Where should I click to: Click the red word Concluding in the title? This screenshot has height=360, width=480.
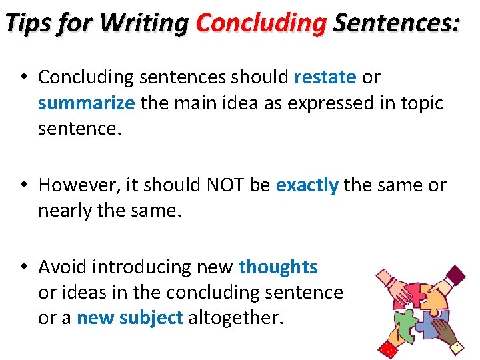(x=261, y=24)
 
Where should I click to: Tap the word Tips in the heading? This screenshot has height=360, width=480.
(x=29, y=24)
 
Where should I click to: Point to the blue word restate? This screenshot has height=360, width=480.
(x=325, y=77)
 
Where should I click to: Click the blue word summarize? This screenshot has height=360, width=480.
(x=87, y=103)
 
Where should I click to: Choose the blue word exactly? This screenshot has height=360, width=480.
(x=307, y=185)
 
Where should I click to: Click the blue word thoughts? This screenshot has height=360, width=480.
(x=278, y=267)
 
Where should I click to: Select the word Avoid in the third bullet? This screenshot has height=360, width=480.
(x=63, y=267)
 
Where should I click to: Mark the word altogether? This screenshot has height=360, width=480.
(x=236, y=318)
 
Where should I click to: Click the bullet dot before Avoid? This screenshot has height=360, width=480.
(x=23, y=267)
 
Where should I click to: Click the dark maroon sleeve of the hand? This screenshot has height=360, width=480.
(x=456, y=273)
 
